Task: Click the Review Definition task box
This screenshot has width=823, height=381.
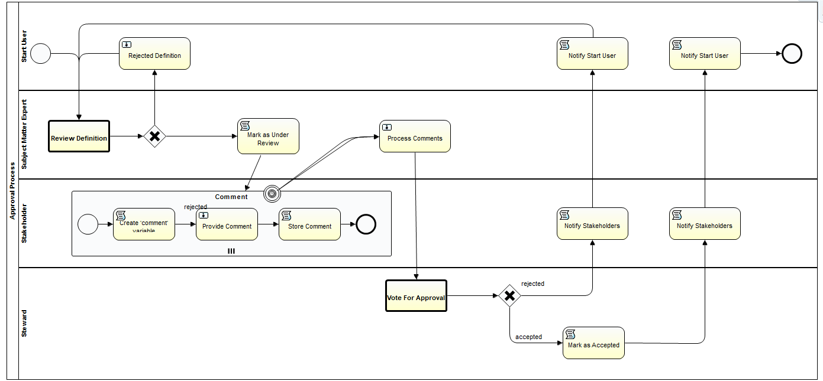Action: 79,136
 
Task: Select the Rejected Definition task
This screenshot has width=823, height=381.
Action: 154,54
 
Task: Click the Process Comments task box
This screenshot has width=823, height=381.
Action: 415,136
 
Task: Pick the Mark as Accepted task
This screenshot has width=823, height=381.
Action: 593,343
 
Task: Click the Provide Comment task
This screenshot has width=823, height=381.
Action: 227,224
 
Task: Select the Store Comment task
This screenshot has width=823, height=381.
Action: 309,224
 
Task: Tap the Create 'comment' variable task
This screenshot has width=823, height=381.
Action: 144,224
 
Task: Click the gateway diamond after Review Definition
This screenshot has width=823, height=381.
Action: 154,136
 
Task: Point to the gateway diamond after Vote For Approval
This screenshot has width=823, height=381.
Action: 509,295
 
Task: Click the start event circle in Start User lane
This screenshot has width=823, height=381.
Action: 41,54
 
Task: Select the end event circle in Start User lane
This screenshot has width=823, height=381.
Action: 792,54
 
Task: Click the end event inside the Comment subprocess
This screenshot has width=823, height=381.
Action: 366,224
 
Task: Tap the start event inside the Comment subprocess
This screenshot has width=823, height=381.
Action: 88,224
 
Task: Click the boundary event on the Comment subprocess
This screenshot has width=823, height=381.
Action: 272,192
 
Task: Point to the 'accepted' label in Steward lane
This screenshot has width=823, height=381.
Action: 528,337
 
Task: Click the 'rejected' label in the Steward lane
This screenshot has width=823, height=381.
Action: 532,284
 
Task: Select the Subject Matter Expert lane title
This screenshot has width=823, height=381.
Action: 24,135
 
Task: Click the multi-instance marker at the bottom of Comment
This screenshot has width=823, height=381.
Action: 231,251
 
